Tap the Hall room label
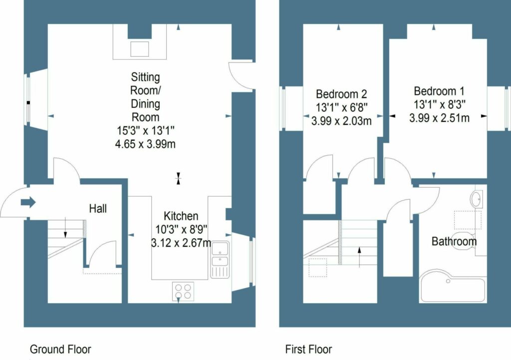(x=98, y=209)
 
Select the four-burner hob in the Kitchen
(x=183, y=291)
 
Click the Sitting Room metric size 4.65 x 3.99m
(x=145, y=144)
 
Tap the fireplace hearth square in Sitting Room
(x=139, y=48)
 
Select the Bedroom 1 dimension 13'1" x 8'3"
(x=439, y=105)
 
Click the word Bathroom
(x=454, y=241)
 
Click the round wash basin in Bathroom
(x=477, y=198)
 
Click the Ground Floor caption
(x=60, y=349)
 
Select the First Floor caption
(x=308, y=349)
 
